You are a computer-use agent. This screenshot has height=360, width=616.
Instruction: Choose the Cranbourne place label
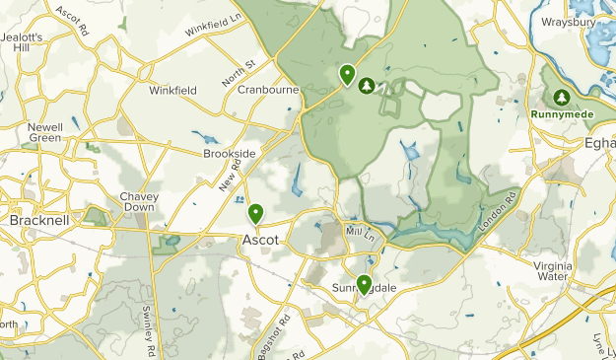point(268,89)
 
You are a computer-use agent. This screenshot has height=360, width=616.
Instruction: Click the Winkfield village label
point(172,90)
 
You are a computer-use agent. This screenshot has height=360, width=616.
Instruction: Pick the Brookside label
point(229,154)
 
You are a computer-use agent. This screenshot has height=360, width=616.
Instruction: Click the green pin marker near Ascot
point(255,213)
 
